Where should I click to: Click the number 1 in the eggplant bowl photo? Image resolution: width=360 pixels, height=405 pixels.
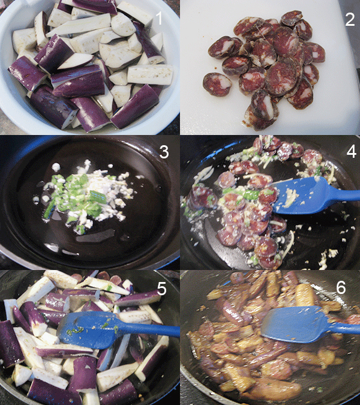159,18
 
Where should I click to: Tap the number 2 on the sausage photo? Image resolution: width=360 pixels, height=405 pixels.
350,19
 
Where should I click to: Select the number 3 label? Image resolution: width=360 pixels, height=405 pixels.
164,152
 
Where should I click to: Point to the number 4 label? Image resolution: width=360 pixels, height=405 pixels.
351,151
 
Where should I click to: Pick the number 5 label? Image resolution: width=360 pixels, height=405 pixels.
161,289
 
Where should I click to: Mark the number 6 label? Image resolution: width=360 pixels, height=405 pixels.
341,287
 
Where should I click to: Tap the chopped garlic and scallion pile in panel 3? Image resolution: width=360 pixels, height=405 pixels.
85,195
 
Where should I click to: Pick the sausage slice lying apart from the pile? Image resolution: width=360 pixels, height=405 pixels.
217,84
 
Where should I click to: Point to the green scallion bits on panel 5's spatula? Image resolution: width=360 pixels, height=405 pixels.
75,330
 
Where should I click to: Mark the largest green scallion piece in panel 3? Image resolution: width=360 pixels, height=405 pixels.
98,197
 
